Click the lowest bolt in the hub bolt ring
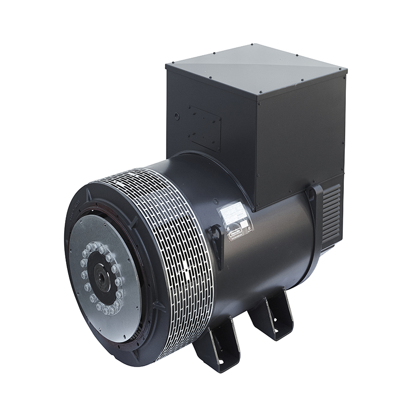coord(106,311)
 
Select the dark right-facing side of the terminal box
coord(298,134)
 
